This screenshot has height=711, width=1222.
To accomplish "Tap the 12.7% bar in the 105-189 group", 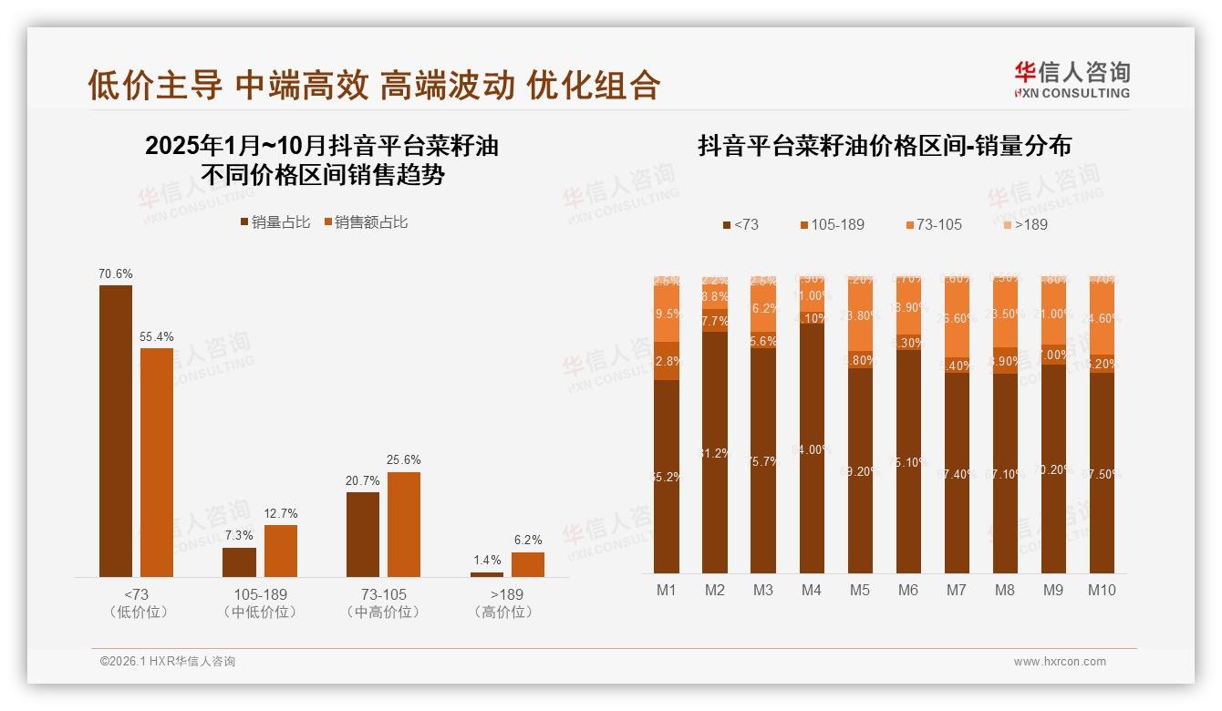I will (281, 551).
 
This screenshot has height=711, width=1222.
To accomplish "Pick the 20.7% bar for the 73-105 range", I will (363, 534).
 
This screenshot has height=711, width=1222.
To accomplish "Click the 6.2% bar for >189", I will (527, 564).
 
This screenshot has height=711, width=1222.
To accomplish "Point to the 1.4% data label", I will (487, 561).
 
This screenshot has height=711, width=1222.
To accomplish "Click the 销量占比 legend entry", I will (274, 222).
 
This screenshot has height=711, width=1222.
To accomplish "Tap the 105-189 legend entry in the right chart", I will (832, 224).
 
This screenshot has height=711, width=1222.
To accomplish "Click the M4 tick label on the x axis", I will (812, 590).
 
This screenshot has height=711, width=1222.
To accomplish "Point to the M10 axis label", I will (1102, 590).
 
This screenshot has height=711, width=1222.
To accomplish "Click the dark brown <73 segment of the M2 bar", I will (715, 452).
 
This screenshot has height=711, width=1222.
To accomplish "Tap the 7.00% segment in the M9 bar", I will (1053, 355).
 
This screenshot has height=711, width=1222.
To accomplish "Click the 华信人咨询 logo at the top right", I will (1072, 79).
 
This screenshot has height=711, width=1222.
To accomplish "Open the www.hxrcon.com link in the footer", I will (1060, 662).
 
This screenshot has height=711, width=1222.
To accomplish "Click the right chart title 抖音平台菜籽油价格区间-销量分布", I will (885, 145).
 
